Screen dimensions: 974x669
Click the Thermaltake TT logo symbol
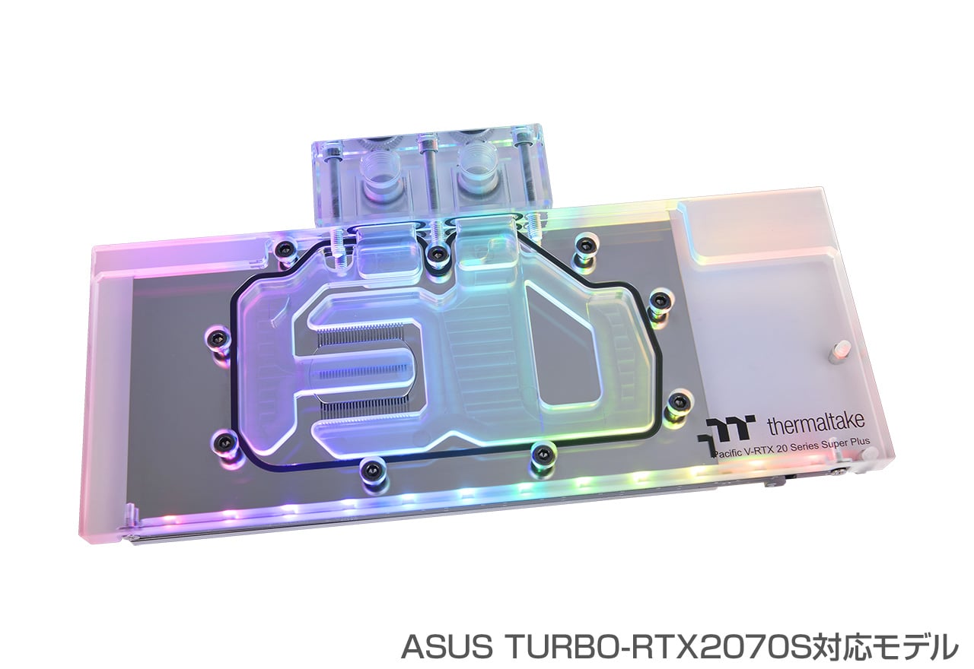coord(724,430)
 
